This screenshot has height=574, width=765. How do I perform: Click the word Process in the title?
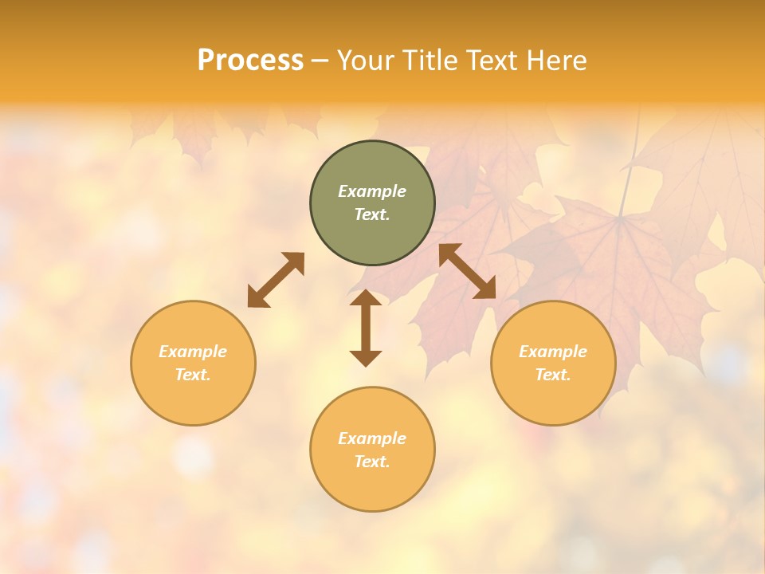(x=250, y=61)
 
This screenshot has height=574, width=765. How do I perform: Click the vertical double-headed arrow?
(x=366, y=328)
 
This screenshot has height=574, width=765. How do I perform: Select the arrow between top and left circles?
(x=276, y=280)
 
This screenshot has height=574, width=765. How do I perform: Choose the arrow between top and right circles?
(x=468, y=271)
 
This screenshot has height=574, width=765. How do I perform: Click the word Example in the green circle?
(x=372, y=191)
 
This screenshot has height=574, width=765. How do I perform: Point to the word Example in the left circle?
(x=193, y=352)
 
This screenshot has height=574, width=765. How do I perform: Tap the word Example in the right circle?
(x=553, y=352)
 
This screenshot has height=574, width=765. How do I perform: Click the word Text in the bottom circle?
(x=372, y=462)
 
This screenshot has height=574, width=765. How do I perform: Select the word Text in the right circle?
(x=553, y=375)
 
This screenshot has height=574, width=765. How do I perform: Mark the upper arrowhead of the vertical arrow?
(x=366, y=299)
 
